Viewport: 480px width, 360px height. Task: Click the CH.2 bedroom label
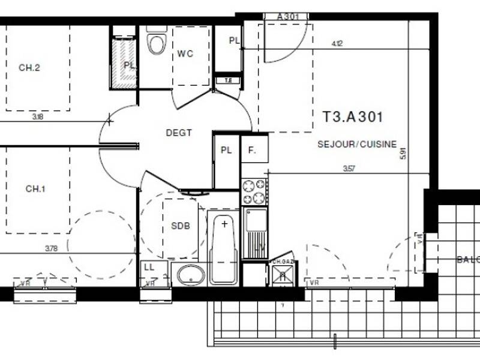coord(29,68)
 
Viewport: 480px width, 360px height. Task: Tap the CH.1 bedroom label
coord(35,189)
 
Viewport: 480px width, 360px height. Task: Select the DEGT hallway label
coord(179,133)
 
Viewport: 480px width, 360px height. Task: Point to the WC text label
coord(185,53)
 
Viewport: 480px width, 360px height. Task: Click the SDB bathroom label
coord(180,226)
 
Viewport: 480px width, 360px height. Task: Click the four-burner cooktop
coord(254,191)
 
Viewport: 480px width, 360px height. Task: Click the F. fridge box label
coord(252,151)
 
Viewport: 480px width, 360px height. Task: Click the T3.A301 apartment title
coord(353,116)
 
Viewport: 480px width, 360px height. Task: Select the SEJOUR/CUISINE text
coord(357,144)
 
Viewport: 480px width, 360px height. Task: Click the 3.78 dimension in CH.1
coord(52,247)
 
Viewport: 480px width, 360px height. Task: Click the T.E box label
coord(228,80)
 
